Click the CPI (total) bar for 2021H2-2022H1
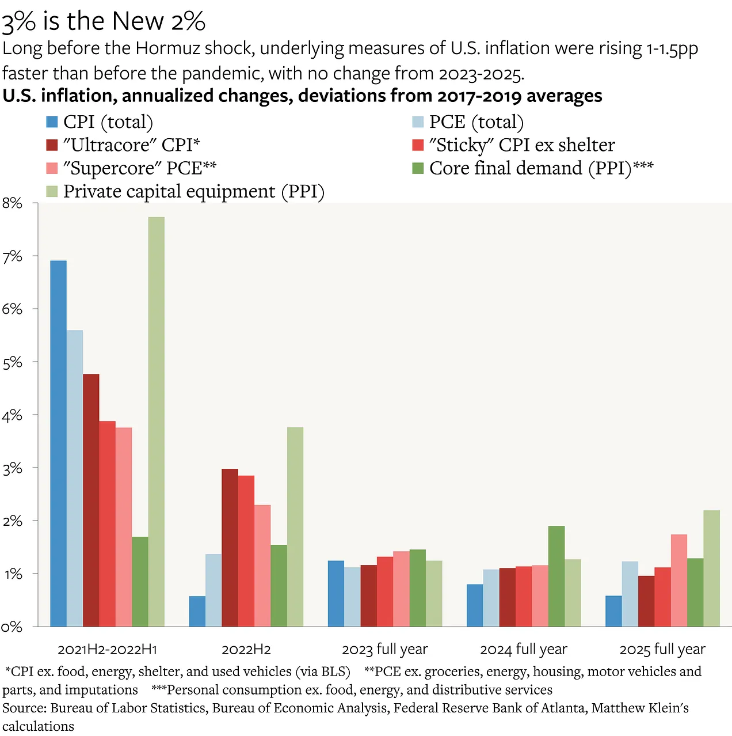[58, 443]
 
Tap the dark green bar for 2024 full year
[556, 576]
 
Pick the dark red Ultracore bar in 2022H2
[230, 547]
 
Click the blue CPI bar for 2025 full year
[613, 611]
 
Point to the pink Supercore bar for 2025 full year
[678, 581]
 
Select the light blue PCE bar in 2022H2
[213, 590]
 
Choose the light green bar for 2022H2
[295, 527]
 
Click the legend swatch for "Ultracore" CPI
[52, 145]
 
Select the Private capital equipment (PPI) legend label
[194, 191]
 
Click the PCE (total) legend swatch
[418, 122]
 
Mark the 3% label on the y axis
[12, 468]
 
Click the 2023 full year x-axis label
[385, 650]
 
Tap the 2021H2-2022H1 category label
[108, 650]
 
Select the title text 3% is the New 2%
[104, 22]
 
